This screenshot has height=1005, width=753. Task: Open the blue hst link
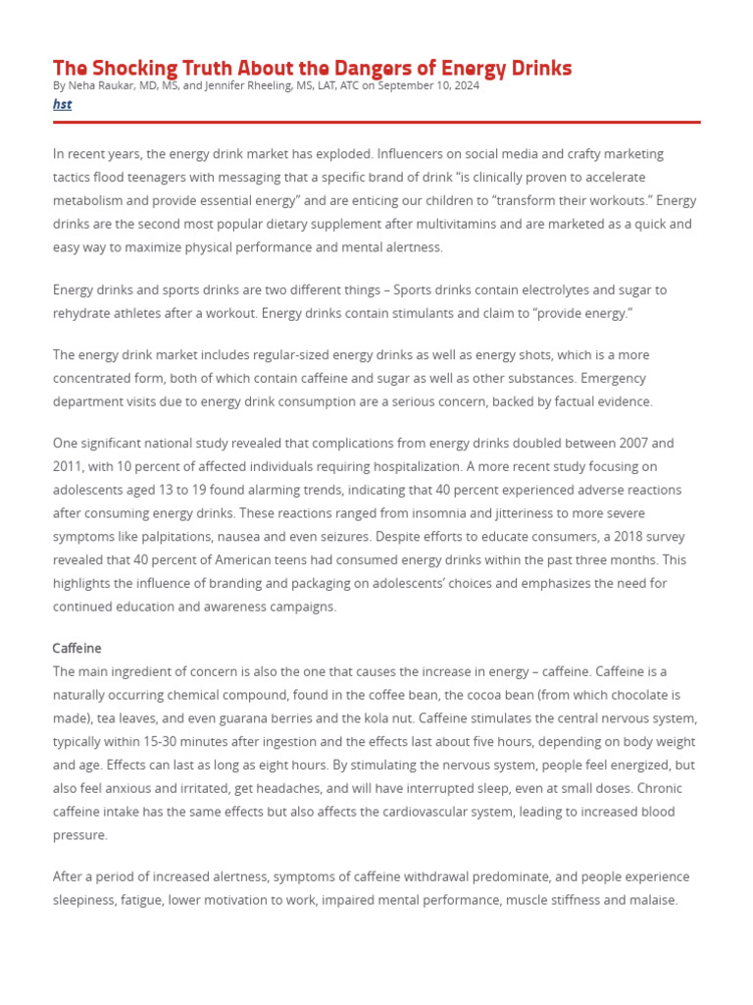(62, 104)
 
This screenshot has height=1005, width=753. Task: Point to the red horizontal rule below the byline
(376, 122)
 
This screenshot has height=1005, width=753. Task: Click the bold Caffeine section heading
(76, 649)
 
